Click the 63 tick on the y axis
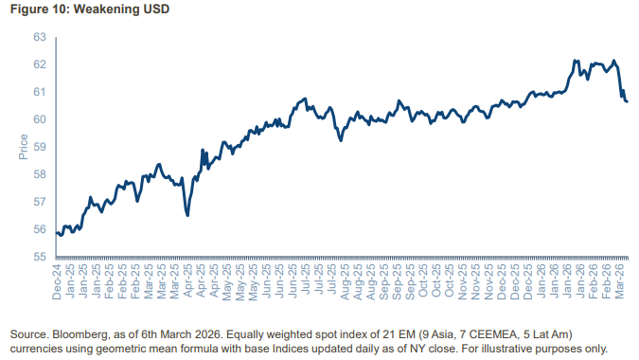(40, 38)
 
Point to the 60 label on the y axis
(40, 119)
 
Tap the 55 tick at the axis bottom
(40, 257)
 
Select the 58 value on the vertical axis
(40, 174)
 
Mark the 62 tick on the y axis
(40, 65)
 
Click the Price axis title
(23, 147)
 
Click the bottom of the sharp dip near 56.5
(187, 215)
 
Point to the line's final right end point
(627, 101)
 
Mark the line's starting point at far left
(57, 232)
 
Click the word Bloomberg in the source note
(82, 335)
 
